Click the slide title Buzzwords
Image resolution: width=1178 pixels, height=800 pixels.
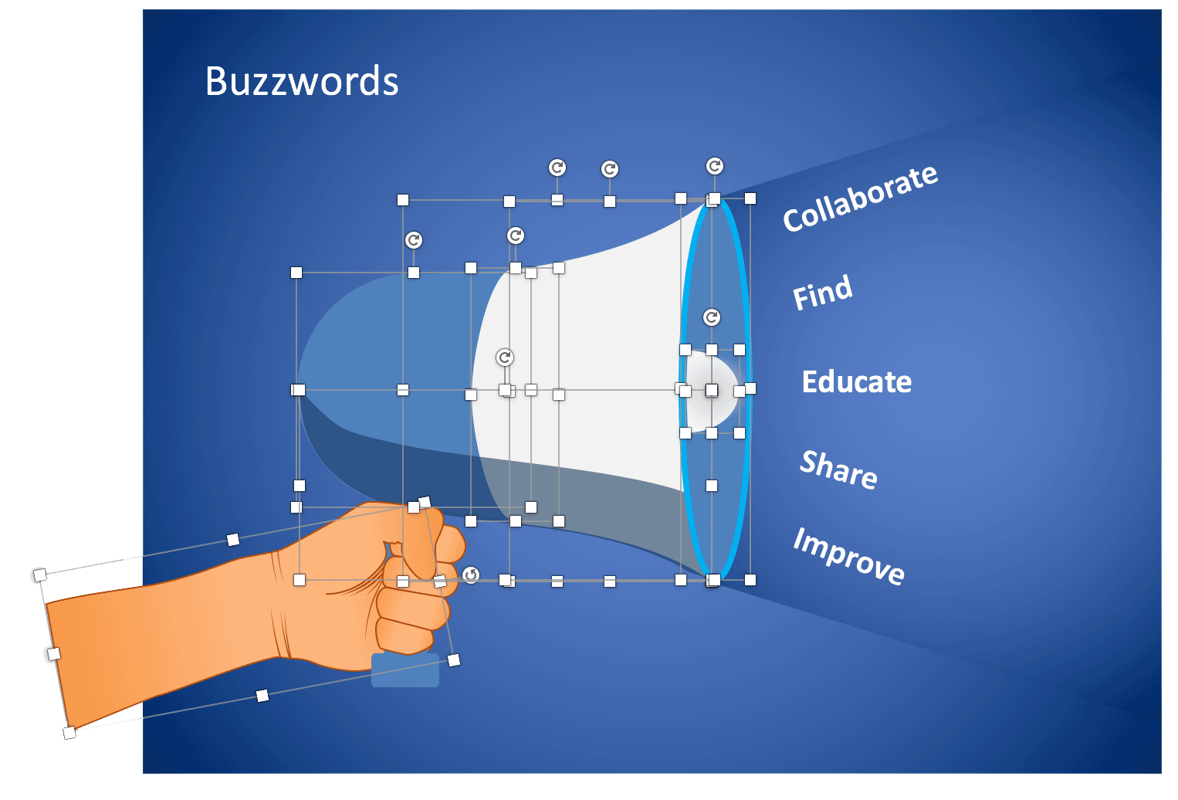pos(302,81)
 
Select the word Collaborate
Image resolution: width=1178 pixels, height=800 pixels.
pos(860,198)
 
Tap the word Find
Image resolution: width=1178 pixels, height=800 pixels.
pos(823,293)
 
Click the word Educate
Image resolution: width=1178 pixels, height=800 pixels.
pos(857,381)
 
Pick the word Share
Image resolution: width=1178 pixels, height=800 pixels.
pos(838,469)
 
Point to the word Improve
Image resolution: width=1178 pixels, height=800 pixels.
pos(848,556)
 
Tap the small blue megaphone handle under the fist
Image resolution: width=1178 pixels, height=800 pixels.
pos(405,670)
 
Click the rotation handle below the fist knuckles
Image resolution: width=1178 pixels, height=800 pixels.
pos(471,575)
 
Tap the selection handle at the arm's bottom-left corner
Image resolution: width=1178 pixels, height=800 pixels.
pos(69,732)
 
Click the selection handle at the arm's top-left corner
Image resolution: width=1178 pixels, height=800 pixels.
pos(40,575)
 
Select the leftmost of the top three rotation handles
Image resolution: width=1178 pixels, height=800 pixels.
pos(557,168)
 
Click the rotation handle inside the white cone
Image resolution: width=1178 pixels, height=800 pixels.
pos(505,358)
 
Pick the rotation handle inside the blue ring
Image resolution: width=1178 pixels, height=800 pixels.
pos(712,317)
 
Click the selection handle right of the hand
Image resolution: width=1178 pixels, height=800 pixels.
pos(454,659)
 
